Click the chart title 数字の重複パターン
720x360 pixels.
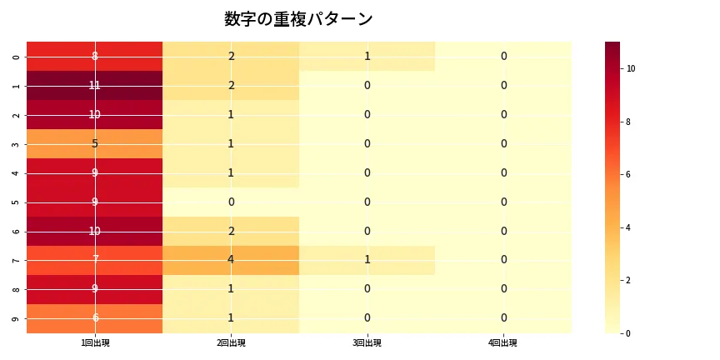(298, 19)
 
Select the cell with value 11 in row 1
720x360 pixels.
(94, 85)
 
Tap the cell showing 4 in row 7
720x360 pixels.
(231, 260)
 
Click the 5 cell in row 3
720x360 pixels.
(94, 143)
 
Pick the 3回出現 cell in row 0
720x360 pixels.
(367, 56)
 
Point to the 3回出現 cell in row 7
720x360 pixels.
(367, 260)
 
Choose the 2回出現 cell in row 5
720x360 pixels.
(231, 202)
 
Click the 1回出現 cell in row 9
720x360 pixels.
(94, 318)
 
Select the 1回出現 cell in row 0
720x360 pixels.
(94, 56)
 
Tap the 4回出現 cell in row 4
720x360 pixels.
(503, 172)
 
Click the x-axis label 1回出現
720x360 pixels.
(94, 343)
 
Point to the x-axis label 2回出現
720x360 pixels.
(231, 343)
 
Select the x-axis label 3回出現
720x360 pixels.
(367, 343)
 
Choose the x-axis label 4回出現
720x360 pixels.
(503, 343)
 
